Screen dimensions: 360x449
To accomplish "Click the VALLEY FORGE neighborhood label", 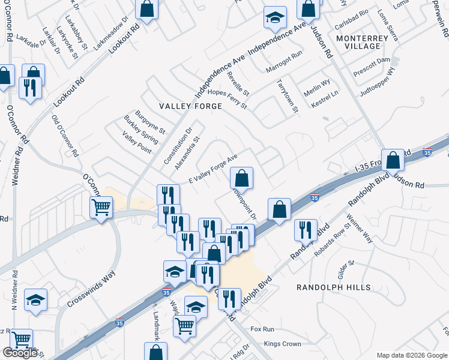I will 190,106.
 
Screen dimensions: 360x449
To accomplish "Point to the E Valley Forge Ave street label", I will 214,168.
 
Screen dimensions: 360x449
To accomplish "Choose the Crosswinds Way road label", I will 91,290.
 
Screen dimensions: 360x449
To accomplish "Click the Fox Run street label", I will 262,329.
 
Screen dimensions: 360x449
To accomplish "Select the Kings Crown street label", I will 282,344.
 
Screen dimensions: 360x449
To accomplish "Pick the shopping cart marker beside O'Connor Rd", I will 101,208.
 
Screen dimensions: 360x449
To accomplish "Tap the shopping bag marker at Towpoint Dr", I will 241,178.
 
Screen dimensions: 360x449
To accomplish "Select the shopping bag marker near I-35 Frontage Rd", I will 393,161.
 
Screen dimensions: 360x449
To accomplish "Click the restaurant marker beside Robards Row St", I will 306,230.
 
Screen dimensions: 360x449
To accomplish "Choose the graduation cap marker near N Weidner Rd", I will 35,300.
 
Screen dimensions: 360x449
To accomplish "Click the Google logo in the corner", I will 20,353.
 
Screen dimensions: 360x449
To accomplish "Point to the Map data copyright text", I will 411,355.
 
